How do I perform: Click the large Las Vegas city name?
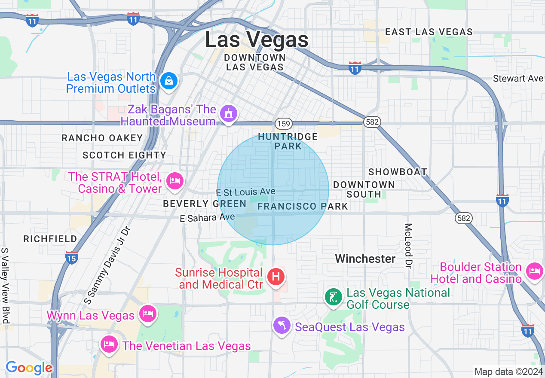coord(257,40)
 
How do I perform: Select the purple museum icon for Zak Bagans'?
coord(229,114)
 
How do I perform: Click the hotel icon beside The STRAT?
coord(175,181)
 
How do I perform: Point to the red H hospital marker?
coord(276,277)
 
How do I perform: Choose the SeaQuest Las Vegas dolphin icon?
coord(282,326)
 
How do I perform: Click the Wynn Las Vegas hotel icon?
coord(147,314)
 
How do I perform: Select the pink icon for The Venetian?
coord(110,344)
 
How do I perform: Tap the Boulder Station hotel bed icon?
coord(534,271)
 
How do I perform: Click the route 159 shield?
coord(284,124)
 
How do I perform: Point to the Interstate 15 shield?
coord(72,258)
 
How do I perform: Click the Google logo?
coord(29,368)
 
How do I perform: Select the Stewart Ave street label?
coord(518,79)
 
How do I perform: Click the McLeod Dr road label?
coord(408,246)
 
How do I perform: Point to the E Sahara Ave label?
coord(207,218)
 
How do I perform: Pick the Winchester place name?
coord(365,259)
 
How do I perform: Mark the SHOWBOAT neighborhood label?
coord(398,172)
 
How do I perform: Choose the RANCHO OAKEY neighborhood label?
coord(102,138)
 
